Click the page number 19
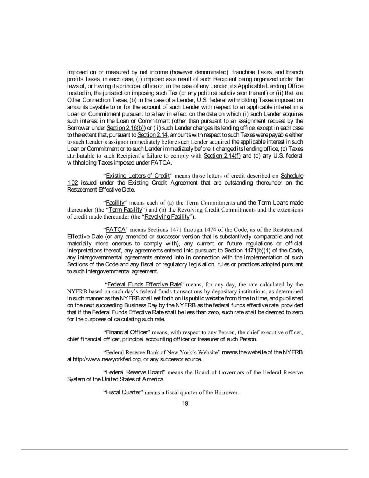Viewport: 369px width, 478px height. [185, 403]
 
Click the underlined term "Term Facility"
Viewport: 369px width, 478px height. [126, 210]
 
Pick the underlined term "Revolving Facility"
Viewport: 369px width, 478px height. [167, 217]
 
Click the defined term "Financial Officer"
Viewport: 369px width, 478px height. [126, 332]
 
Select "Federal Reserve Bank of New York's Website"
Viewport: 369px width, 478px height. [162, 352]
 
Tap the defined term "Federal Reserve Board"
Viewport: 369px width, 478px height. [134, 372]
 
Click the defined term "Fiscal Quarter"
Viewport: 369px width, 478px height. [123, 393]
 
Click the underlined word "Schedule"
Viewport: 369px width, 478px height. [292, 176]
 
